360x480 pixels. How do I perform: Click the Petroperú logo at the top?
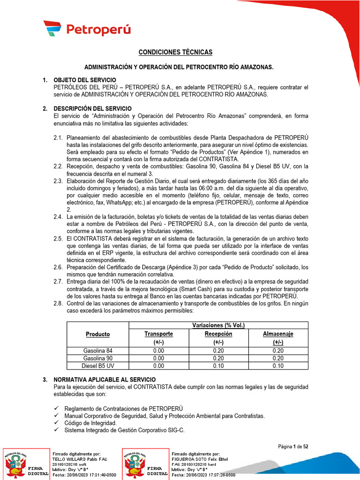point(87,30)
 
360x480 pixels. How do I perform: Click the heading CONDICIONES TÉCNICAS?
point(175,52)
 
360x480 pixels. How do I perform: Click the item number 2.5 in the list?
point(58,239)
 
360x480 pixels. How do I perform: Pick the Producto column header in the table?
point(97,334)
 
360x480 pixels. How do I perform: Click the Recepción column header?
point(218,334)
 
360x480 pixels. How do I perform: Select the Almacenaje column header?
point(278,334)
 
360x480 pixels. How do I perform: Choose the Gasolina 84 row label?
point(97,351)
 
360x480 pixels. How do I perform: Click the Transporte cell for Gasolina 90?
point(158,358)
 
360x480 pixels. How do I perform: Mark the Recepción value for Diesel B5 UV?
point(218,366)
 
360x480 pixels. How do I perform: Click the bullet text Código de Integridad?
point(90,423)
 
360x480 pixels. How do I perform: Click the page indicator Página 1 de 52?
point(293,447)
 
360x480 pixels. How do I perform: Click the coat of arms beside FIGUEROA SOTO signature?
point(134,465)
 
